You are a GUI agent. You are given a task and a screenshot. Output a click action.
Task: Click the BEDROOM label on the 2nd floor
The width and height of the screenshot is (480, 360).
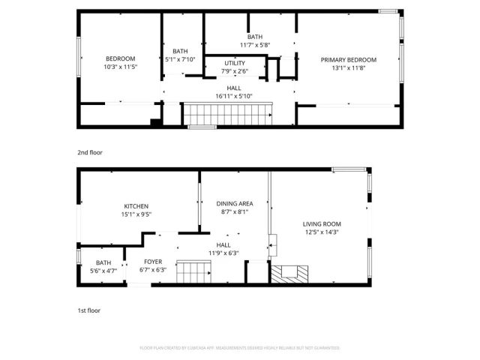[120, 59]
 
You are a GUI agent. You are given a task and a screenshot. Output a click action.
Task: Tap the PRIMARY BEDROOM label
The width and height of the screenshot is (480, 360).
[349, 60]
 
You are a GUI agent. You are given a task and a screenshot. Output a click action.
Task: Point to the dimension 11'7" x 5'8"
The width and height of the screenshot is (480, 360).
[255, 45]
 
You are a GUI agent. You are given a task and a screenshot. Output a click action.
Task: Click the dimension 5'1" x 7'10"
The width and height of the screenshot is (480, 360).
[180, 59]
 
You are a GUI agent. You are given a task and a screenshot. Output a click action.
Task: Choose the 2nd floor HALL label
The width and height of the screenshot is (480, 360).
[234, 88]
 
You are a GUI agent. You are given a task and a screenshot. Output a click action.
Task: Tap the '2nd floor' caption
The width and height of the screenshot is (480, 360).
[90, 152]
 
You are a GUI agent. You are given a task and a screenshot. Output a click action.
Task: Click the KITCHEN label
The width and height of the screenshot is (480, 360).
[136, 206]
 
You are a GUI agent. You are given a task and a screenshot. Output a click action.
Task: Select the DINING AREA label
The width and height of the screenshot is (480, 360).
[235, 204]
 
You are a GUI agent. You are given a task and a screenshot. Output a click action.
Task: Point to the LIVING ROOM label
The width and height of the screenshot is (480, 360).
[322, 224]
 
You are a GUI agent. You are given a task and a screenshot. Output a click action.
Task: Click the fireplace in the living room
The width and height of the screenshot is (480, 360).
[289, 274]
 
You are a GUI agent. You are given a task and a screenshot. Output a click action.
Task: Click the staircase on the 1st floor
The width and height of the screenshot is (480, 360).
[196, 271]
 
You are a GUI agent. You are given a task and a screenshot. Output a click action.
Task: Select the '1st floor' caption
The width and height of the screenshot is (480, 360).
[89, 310]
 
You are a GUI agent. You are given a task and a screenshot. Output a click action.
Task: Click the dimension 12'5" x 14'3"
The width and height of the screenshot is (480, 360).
[322, 232]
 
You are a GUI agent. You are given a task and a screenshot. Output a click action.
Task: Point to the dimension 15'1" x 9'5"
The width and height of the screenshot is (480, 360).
[136, 214]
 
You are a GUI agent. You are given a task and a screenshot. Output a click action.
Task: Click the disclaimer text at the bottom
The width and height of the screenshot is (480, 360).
[240, 348]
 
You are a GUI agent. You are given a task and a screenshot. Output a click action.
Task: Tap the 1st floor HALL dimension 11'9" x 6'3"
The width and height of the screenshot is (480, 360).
[223, 253]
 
